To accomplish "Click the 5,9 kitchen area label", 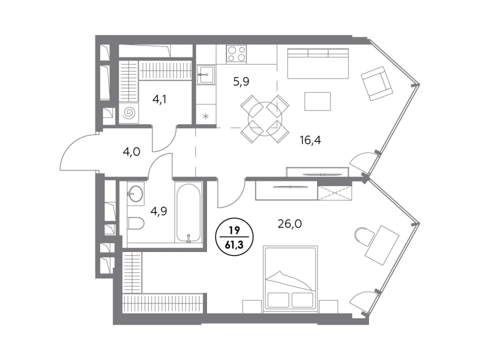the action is (x=241, y=81).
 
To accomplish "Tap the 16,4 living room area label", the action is (x=310, y=140).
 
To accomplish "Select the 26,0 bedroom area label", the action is (x=289, y=224).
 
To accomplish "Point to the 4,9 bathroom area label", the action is (x=158, y=211).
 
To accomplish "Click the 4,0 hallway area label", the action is (x=131, y=151).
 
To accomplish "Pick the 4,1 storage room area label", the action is (x=159, y=99).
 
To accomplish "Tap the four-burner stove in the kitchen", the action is (x=236, y=53).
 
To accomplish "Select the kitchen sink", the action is (x=205, y=74).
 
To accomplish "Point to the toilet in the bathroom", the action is (x=135, y=223).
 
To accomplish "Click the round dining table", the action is (x=265, y=119).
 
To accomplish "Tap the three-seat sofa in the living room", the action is (x=318, y=63).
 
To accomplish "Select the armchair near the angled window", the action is (x=376, y=83).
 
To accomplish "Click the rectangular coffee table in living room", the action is (x=317, y=101).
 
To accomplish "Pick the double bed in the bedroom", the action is (x=290, y=279).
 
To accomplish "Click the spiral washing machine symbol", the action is (x=129, y=113).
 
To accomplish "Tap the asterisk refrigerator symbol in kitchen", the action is (x=206, y=116).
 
